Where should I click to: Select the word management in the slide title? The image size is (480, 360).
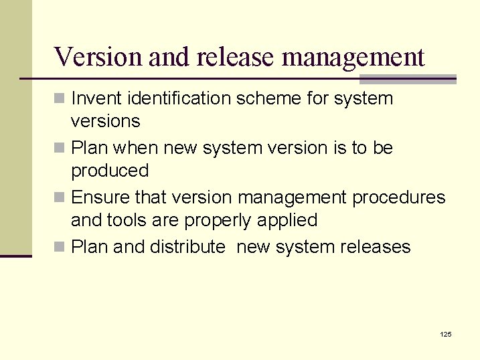pos(353,58)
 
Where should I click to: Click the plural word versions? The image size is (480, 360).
pos(105,121)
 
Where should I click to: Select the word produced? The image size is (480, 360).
pos(110,171)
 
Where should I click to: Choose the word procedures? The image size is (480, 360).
pos(399,198)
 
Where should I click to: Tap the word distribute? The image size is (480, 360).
pos(187,247)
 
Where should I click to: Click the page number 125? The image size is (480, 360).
pos(445,334)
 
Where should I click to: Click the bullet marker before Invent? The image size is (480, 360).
pos(60,99)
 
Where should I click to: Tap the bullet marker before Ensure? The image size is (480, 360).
pos(60,198)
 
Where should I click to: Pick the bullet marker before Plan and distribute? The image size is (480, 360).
pos(60,248)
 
